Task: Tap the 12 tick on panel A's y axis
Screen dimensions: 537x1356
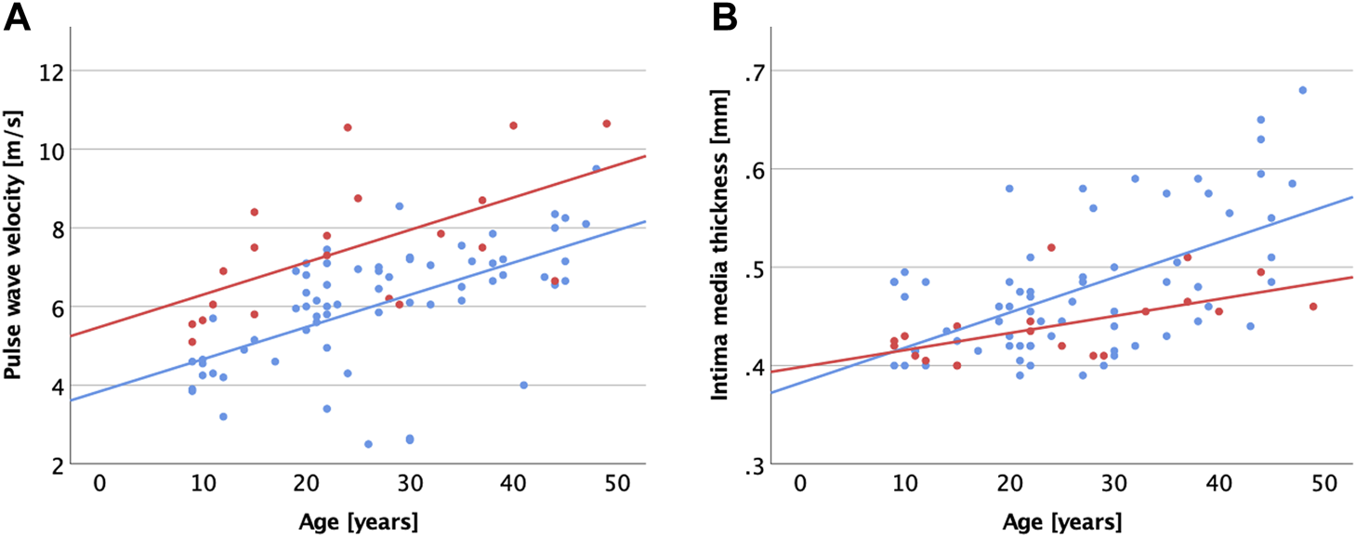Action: pyautogui.click(x=51, y=71)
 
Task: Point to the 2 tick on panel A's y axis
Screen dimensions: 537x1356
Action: pyautogui.click(x=56, y=465)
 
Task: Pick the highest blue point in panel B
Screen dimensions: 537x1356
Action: pyautogui.click(x=1302, y=90)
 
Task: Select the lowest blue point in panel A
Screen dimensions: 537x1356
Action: pyautogui.click(x=368, y=444)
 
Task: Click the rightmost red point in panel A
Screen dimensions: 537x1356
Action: pyautogui.click(x=606, y=124)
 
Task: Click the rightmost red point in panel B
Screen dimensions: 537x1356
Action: pyautogui.click(x=1313, y=307)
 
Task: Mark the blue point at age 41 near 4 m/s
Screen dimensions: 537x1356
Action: pyautogui.click(x=523, y=385)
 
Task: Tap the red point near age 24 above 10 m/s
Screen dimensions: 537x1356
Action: pyautogui.click(x=348, y=127)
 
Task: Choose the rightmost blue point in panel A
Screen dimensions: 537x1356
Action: pyautogui.click(x=596, y=169)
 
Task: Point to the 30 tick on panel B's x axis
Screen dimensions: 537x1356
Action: pyautogui.click(x=1113, y=485)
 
